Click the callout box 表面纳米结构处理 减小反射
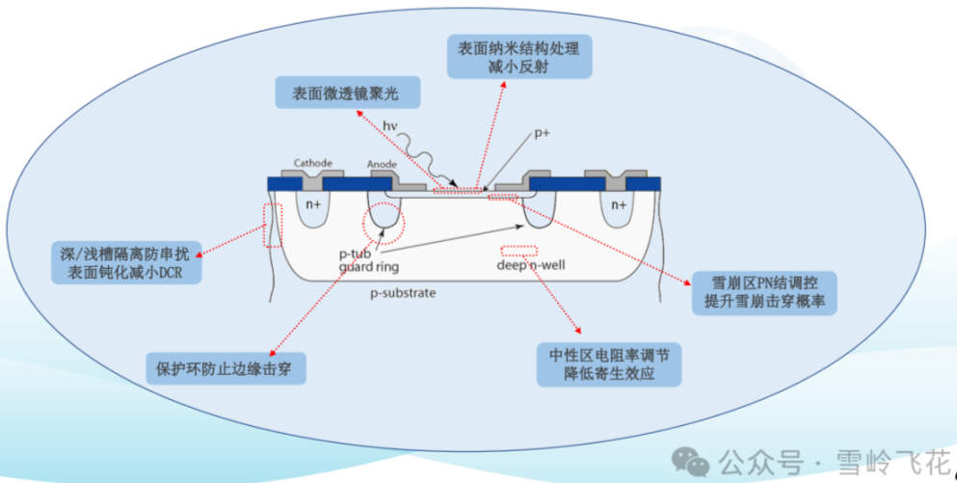pyautogui.click(x=520, y=57)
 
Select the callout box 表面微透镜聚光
pyautogui.click(x=350, y=94)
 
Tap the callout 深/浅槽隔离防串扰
pyautogui.click(x=125, y=263)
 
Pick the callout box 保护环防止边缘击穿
pyautogui.click(x=225, y=367)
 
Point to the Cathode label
pyautogui.click(x=312, y=164)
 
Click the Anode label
pyautogui.click(x=382, y=165)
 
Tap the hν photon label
pyautogui.click(x=390, y=125)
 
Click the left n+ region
pyautogui.click(x=312, y=205)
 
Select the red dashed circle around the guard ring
pyautogui.click(x=384, y=223)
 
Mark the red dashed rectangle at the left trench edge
pyautogui.click(x=273, y=225)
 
